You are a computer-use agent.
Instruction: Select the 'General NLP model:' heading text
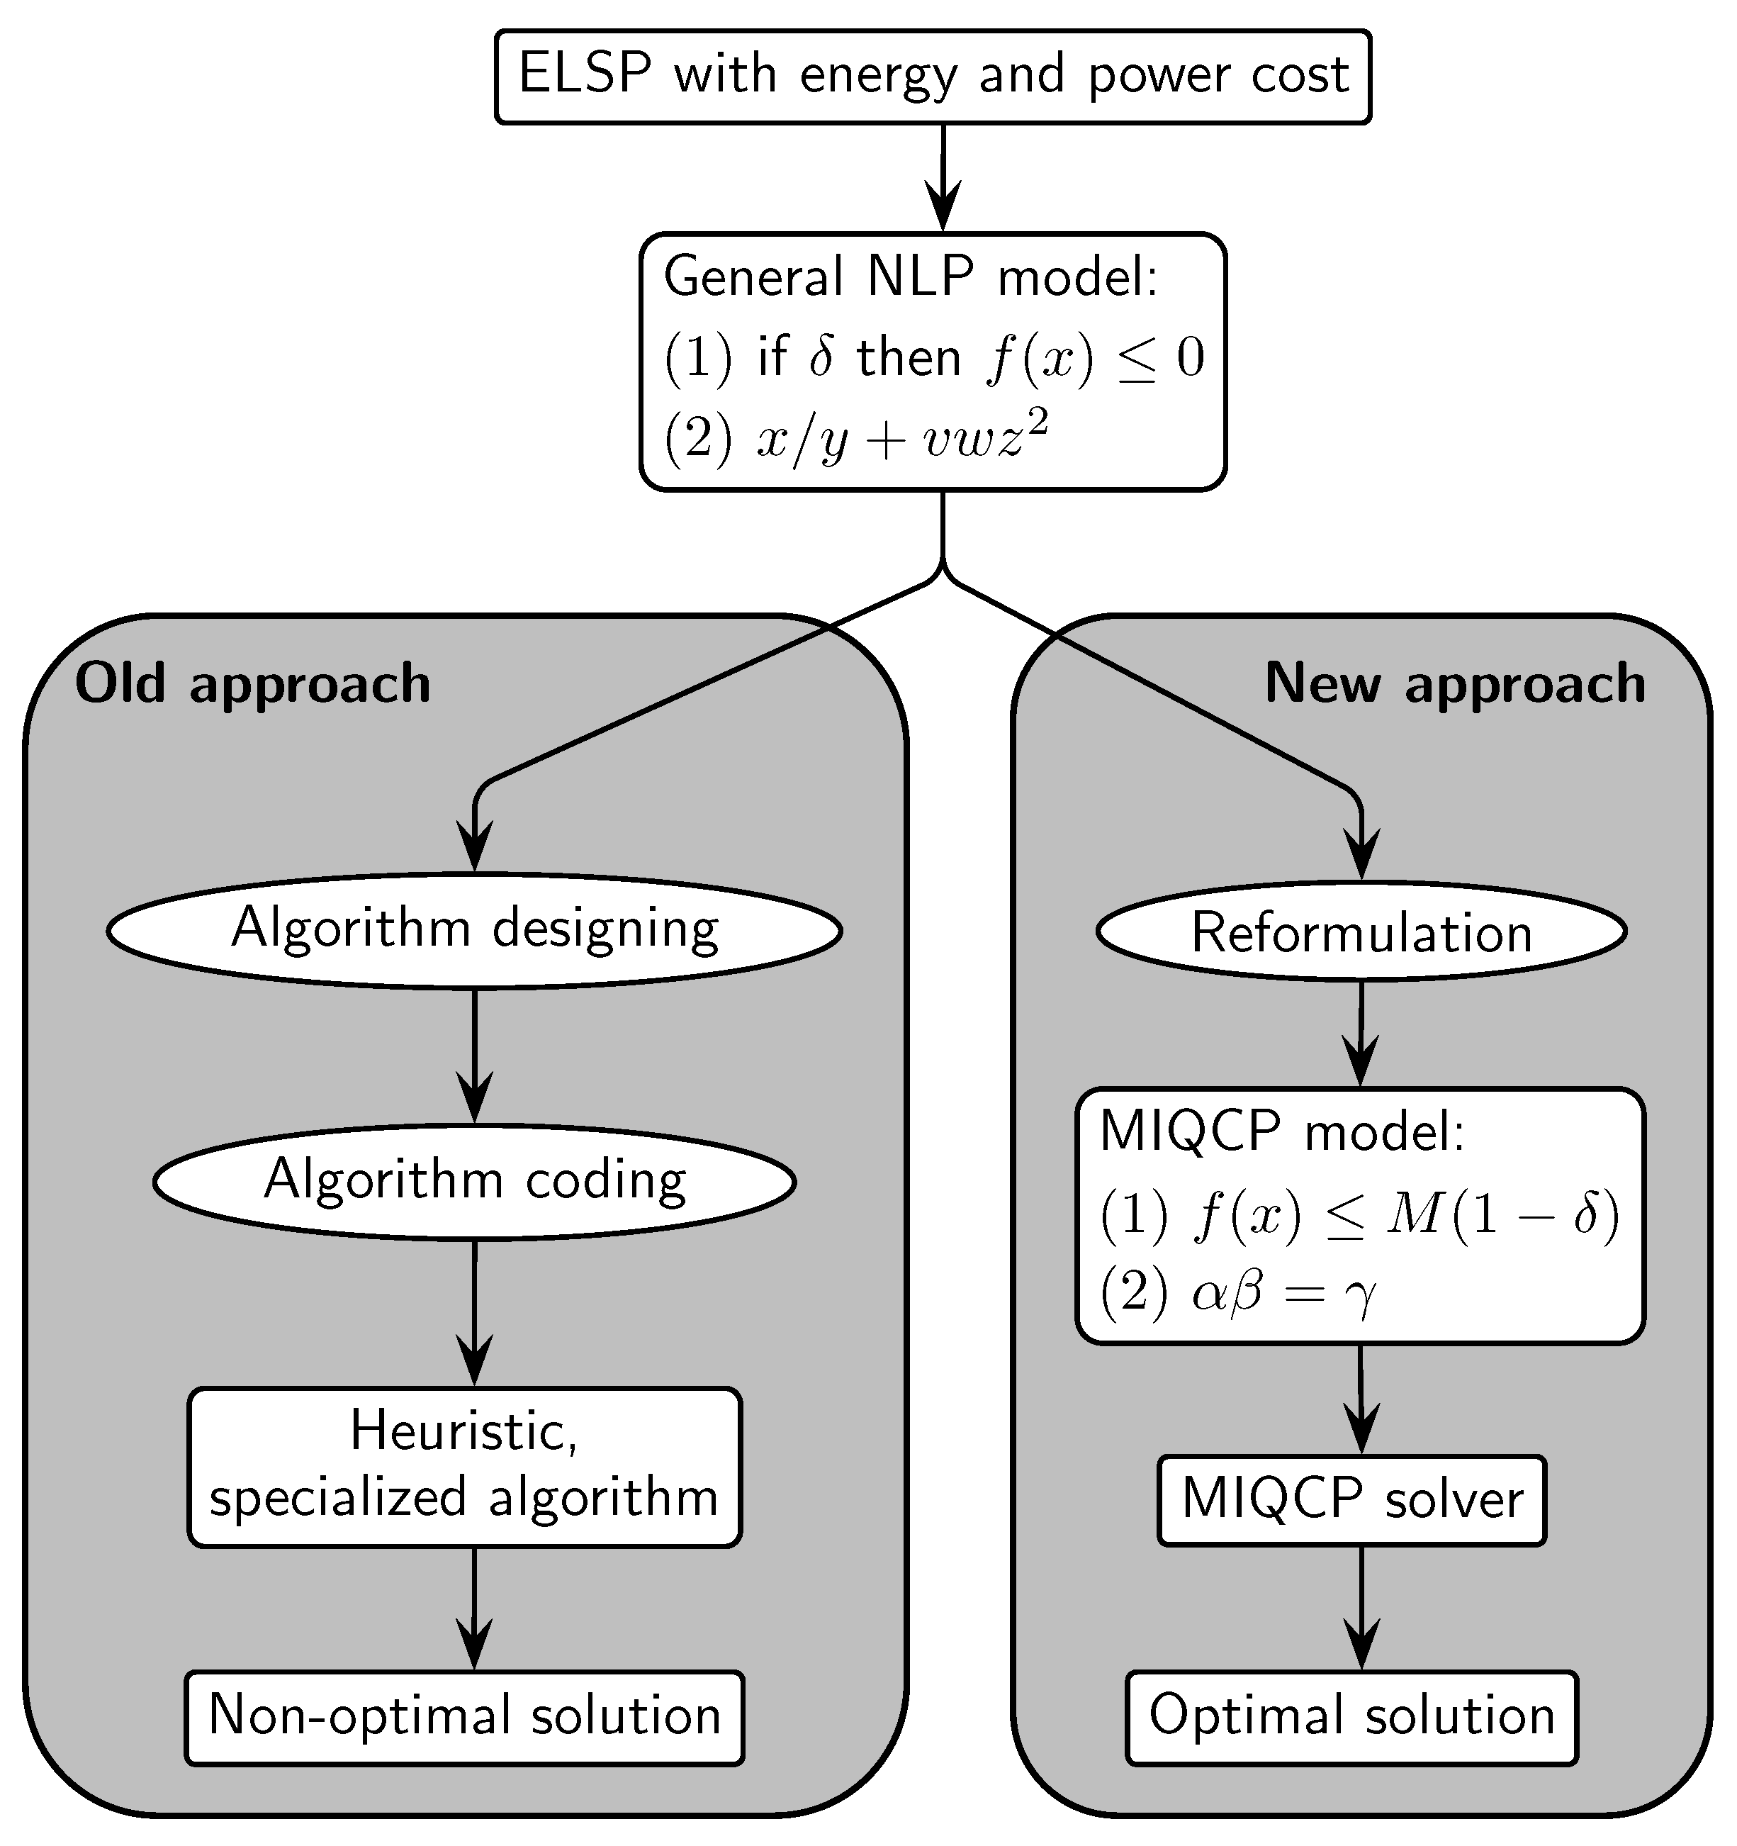pos(911,276)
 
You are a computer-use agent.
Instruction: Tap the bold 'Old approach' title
pos(252,684)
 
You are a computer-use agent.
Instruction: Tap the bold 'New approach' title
pos(1455,684)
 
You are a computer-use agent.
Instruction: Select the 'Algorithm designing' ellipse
pos(474,929)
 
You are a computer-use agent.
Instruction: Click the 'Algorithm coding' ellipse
pos(474,1181)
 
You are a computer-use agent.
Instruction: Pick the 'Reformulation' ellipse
pos(1361,932)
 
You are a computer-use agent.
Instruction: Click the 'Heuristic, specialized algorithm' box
pos(464,1467)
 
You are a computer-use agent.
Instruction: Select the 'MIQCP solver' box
pos(1351,1499)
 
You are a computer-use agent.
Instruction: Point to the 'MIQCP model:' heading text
pos(1281,1132)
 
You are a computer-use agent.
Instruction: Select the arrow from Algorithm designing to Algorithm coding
pos(474,1058)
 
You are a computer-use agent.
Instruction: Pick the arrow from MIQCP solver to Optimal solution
pos(1361,1611)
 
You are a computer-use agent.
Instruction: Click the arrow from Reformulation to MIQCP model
pos(1361,1035)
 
